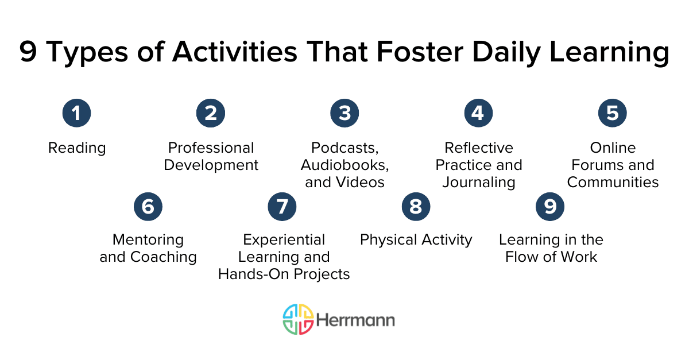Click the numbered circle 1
(76, 113)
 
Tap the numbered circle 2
(211, 113)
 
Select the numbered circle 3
(344, 113)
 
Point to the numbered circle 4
(478, 113)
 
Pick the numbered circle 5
(613, 113)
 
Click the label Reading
(77, 148)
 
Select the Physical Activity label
(416, 239)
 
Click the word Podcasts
(344, 148)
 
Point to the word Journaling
(478, 183)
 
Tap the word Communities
(613, 183)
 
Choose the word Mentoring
(148, 239)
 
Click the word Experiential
(284, 239)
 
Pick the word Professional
(211, 148)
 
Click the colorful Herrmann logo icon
(298, 319)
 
